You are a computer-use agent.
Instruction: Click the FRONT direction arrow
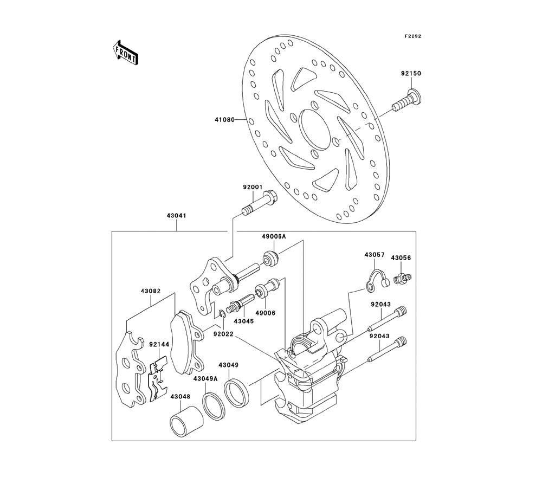point(124,53)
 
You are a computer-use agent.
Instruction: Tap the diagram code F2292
point(412,36)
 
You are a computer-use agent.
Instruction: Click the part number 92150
point(411,73)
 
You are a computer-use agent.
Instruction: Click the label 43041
point(177,215)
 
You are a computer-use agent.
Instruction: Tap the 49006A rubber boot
point(270,258)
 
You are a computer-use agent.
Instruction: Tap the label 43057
point(373,254)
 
